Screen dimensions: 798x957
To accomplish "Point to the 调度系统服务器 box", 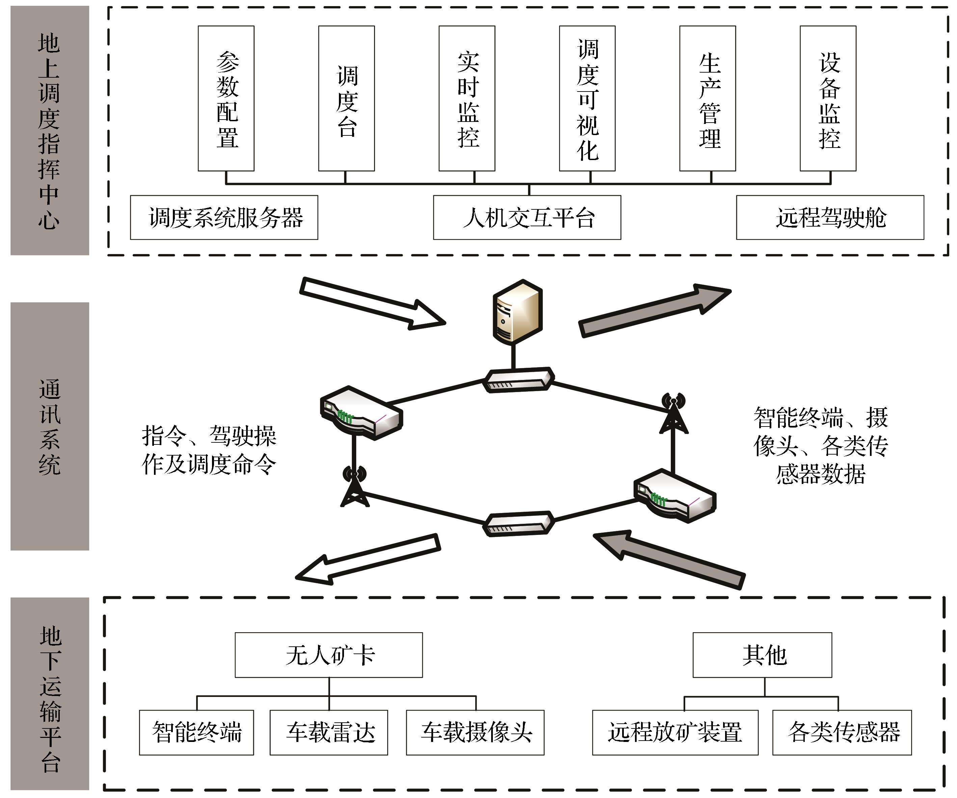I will coord(224,217).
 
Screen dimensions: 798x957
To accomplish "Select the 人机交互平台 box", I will coord(527,217).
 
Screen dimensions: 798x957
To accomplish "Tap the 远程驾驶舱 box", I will coord(830,217).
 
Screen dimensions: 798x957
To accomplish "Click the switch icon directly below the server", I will coord(519,380).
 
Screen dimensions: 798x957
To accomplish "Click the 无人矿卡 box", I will coord(328,655).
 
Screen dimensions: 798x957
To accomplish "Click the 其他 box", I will coord(762,655).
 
